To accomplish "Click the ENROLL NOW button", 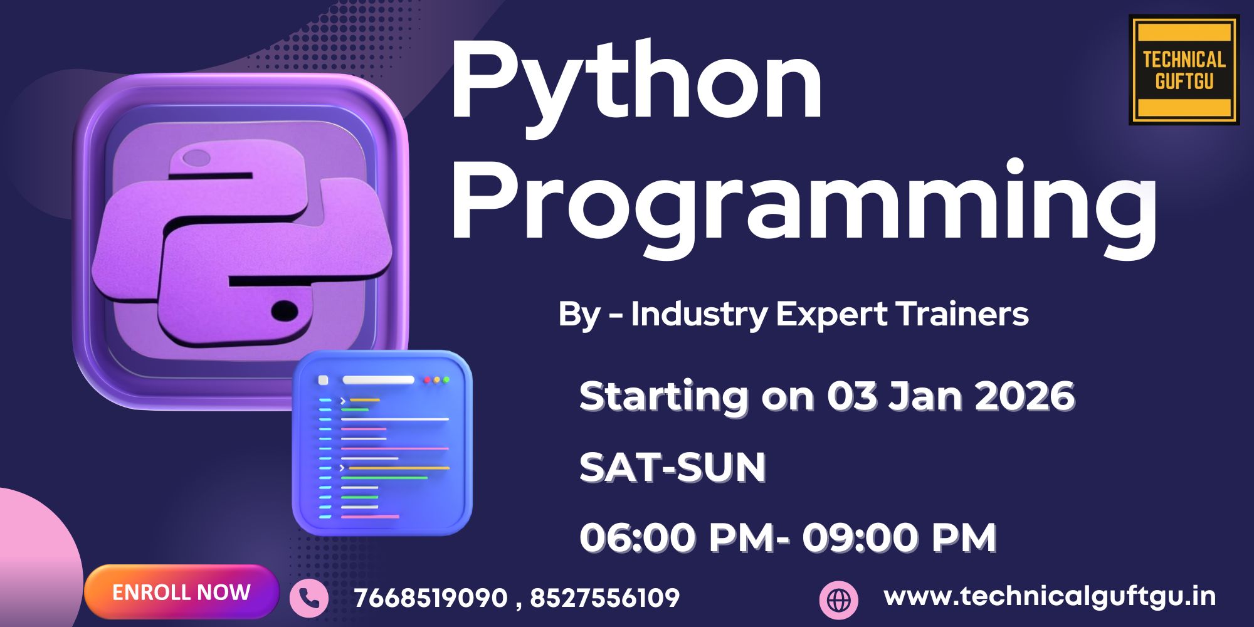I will click(x=181, y=592).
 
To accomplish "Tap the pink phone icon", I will click(x=308, y=598).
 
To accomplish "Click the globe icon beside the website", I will click(x=838, y=599).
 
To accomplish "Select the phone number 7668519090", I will click(x=431, y=598).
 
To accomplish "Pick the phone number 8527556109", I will click(x=605, y=598).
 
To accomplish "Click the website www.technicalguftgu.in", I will click(x=1050, y=596).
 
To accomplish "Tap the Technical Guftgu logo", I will click(x=1184, y=70).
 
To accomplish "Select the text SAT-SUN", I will click(x=672, y=467).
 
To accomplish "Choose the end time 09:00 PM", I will click(x=900, y=537).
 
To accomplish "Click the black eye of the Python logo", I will click(x=284, y=310).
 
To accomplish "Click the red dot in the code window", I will click(x=427, y=380).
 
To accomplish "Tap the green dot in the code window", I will click(x=446, y=380).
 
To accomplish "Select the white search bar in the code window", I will click(x=378, y=380).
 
